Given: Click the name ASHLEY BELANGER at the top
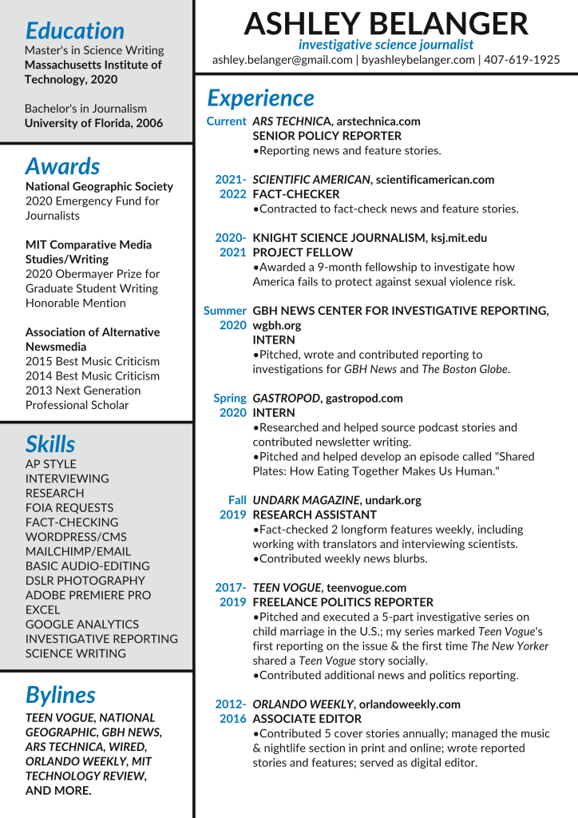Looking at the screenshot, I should click(386, 23).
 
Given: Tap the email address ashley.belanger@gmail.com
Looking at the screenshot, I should click(283, 60).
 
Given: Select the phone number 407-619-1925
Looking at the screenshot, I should click(522, 60).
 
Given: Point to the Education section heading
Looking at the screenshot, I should click(74, 30).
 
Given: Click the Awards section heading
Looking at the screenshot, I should click(62, 166).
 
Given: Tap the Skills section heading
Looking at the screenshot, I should click(50, 444).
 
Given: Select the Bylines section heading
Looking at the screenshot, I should click(60, 694).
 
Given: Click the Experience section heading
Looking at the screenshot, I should click(260, 97).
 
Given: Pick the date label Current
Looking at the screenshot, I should click(226, 121).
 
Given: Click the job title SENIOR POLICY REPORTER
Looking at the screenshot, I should click(327, 136).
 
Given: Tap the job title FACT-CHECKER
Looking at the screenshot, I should click(295, 194).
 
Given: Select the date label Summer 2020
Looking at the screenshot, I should click(225, 318).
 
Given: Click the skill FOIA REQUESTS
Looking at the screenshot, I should click(69, 507).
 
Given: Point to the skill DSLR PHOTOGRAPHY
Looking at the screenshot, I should click(85, 581).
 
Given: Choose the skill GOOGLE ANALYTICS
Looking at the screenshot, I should click(82, 624).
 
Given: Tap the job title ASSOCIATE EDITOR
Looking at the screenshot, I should click(307, 719).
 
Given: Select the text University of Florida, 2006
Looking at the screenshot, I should click(93, 123).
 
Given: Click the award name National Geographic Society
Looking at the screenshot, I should click(99, 186).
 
